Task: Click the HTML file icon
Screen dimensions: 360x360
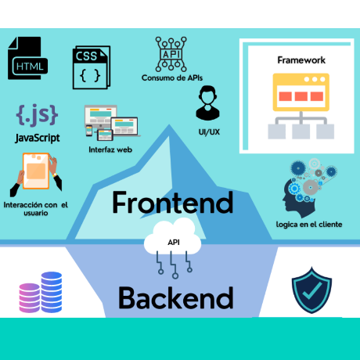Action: pyautogui.click(x=27, y=58)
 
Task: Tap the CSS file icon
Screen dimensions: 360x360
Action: pyautogui.click(x=92, y=67)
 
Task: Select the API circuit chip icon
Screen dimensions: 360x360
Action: pyautogui.click(x=171, y=54)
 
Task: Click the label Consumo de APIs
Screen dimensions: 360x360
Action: pyautogui.click(x=172, y=77)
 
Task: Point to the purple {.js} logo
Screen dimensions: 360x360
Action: pyautogui.click(x=37, y=115)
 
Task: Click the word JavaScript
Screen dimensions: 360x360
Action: pyautogui.click(x=38, y=138)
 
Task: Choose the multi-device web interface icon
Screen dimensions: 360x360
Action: pyautogui.click(x=112, y=123)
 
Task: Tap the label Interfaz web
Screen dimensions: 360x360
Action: pyautogui.click(x=110, y=149)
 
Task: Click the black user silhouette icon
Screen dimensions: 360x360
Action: pyautogui.click(x=207, y=103)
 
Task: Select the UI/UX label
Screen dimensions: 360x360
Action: pyautogui.click(x=209, y=132)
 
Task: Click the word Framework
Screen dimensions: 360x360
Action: pyautogui.click(x=301, y=60)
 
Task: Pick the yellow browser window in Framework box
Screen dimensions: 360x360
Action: pyautogui.click(x=301, y=92)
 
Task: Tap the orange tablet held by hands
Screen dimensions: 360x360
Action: pyautogui.click(x=36, y=171)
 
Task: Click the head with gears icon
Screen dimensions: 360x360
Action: pyautogui.click(x=309, y=188)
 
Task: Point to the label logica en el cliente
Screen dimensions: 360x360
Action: pyautogui.click(x=309, y=225)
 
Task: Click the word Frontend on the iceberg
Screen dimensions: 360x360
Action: pyautogui.click(x=173, y=203)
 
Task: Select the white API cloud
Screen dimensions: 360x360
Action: pyautogui.click(x=173, y=237)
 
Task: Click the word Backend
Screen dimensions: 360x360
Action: pyautogui.click(x=176, y=298)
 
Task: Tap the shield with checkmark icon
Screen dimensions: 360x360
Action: pyautogui.click(x=311, y=290)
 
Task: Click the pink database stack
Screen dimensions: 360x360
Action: pyautogui.click(x=30, y=298)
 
